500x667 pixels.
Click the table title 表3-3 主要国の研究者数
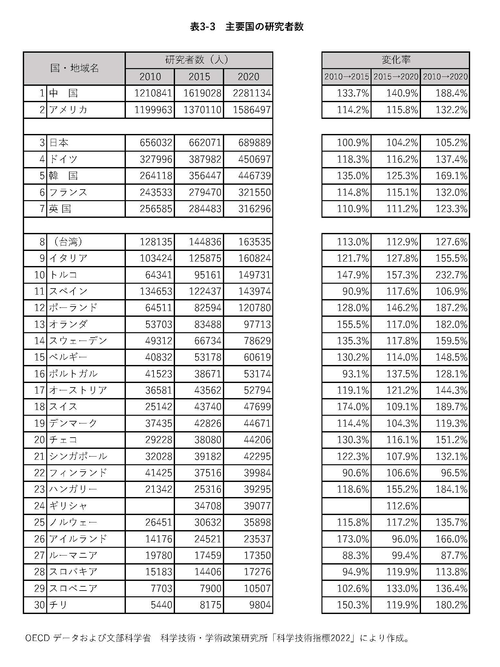tap(247, 27)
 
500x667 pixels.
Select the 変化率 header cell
tap(396, 60)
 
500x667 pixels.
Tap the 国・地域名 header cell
tap(75, 68)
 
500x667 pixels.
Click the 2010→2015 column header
tap(346, 77)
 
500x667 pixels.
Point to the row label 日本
tap(59, 143)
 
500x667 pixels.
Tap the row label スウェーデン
tap(78, 341)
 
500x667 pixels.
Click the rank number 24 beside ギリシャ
tap(39, 506)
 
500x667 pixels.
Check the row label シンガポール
tap(78, 456)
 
